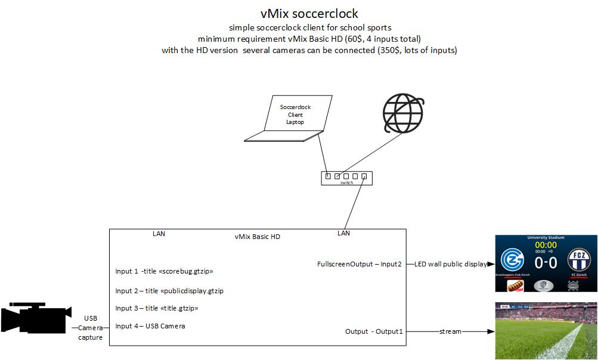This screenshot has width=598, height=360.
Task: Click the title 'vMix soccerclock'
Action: pos(309,13)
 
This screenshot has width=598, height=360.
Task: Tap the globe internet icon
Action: pos(404,113)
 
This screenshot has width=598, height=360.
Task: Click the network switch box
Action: pos(346,177)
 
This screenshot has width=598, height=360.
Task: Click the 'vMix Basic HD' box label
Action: pos(257,237)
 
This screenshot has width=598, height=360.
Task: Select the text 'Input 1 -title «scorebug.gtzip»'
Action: pos(165,271)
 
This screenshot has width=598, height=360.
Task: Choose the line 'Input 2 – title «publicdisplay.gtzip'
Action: pos(169,291)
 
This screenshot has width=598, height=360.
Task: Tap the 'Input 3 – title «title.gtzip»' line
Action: pos(157,308)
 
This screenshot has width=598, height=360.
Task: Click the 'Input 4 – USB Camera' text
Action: pos(150,326)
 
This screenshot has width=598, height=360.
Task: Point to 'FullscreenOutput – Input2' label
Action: pos(360,263)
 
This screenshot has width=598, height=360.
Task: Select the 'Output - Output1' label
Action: pos(374,331)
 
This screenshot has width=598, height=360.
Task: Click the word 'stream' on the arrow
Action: pos(450,331)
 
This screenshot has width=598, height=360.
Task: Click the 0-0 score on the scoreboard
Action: pos(546,263)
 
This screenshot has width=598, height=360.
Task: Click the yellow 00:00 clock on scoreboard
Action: pos(546,245)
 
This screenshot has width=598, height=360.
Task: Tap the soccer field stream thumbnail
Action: pos(546,331)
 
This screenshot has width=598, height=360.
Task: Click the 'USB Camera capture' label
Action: pos(91,328)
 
